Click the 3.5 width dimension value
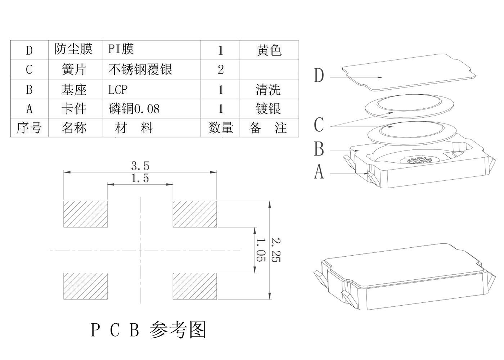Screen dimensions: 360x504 [140, 166]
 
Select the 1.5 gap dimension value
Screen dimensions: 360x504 [140, 178]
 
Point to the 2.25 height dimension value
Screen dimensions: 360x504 [275, 249]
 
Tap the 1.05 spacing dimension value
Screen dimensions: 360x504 [261, 249]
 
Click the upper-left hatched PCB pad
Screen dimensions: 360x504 [86, 214]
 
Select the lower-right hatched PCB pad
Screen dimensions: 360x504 [195, 286]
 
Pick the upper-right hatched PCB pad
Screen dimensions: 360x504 [195, 214]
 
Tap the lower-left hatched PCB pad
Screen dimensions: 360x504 [86, 286]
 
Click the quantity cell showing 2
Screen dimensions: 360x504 [220, 69]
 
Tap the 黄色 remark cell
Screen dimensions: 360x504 [269, 50]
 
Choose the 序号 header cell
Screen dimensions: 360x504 [29, 128]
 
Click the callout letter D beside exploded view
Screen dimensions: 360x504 [319, 76]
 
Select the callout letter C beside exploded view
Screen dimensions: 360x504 [319, 125]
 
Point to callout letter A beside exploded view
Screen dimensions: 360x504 [319, 172]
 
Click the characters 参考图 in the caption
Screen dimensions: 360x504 [178, 329]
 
